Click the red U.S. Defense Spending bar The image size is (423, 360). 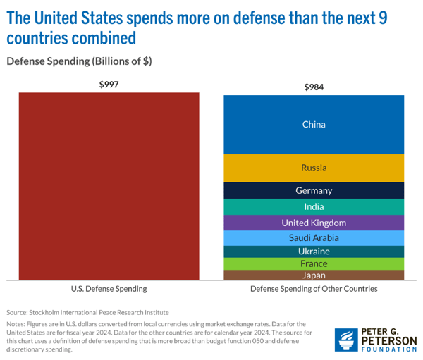109,187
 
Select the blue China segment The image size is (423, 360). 314,124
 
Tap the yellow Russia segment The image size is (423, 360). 314,168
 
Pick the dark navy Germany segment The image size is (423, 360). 314,190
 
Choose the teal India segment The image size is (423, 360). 314,206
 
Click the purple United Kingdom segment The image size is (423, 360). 314,223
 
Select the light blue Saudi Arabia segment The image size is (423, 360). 314,237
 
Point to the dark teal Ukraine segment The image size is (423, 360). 314,252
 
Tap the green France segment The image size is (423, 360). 314,263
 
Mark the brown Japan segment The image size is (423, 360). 314,275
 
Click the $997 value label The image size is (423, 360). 109,85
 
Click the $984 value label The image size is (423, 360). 314,87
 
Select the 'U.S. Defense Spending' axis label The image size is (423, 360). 109,289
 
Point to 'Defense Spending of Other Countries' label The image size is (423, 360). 314,289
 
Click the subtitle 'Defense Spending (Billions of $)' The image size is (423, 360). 79,61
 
